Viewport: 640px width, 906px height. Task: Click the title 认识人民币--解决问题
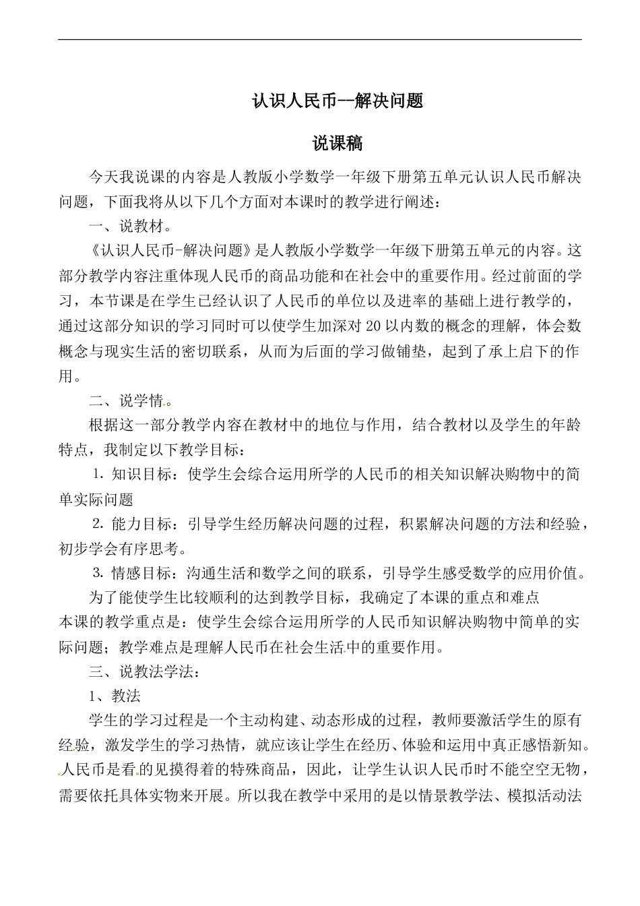(338, 101)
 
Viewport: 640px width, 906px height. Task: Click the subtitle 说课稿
(338, 144)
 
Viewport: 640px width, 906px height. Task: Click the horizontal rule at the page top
(320, 39)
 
